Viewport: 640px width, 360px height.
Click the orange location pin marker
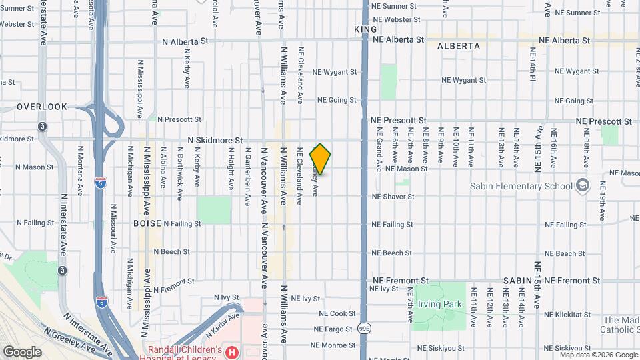point(321,159)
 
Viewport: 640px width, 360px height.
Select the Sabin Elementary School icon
point(583,185)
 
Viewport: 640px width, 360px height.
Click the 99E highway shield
point(365,329)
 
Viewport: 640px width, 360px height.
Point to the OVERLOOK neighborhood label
point(42,107)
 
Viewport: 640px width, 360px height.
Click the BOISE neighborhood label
point(147,223)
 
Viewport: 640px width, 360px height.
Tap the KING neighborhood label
point(365,30)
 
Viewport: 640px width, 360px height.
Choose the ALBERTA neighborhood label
point(459,46)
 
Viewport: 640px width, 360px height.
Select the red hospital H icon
point(231,351)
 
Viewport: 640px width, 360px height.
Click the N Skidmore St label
point(215,141)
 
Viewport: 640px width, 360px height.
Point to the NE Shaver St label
point(393,197)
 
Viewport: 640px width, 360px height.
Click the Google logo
point(22,351)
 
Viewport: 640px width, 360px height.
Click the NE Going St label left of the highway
point(337,100)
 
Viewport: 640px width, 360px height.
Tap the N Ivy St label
point(225,297)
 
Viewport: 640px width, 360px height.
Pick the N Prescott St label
point(174,119)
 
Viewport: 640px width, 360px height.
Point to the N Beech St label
point(171,253)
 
